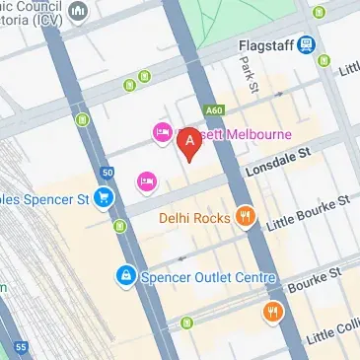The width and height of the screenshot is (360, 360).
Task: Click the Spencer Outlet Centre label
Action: click(206, 278)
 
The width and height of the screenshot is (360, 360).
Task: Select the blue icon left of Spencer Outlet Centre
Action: click(124, 277)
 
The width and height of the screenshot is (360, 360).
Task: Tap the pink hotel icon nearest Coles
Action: click(146, 180)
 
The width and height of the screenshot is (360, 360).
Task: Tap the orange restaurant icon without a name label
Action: click(273, 314)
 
